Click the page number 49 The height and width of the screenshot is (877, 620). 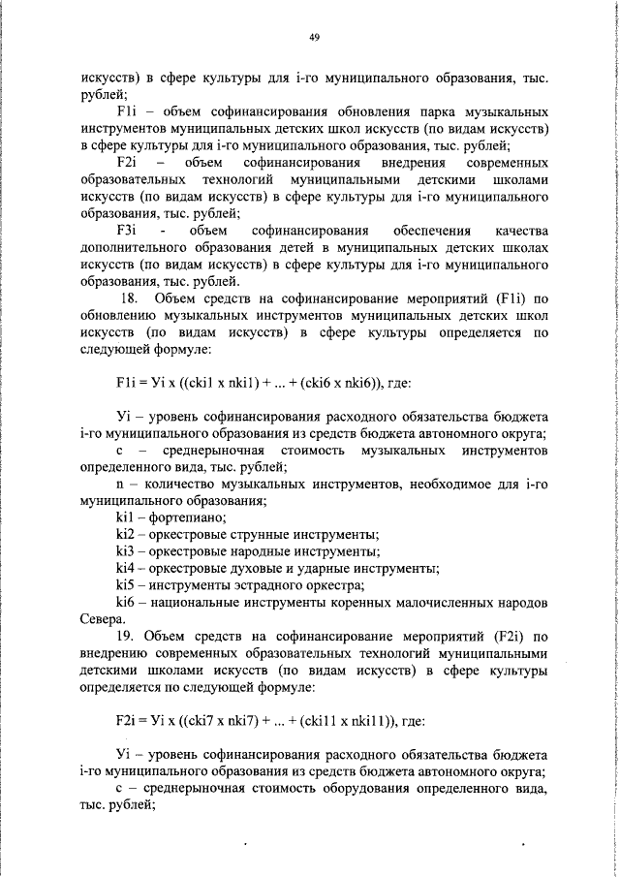[x=314, y=37]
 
